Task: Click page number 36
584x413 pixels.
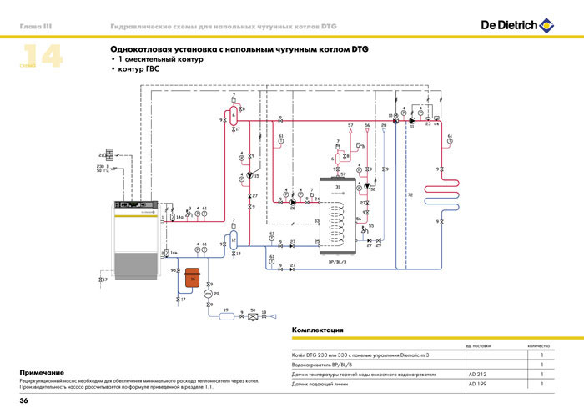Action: tap(24, 402)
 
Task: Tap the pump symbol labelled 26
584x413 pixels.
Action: tap(293, 201)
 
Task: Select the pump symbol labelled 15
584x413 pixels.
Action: tap(249, 176)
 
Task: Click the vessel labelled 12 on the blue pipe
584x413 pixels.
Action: tap(234, 240)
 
